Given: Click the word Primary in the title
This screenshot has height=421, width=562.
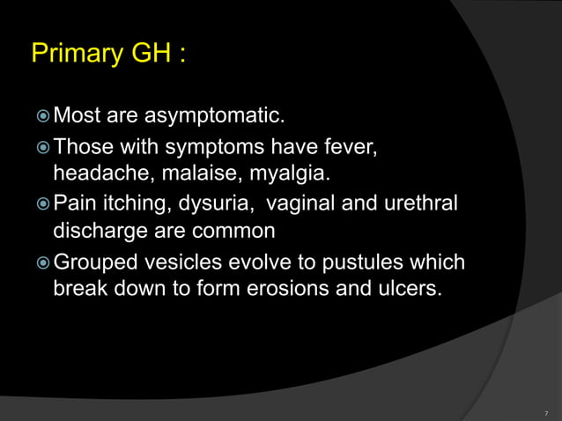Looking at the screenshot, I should tap(74, 54).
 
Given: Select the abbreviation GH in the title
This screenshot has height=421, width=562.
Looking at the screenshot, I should tap(149, 54).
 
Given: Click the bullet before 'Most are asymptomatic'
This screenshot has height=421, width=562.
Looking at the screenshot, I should tap(42, 115).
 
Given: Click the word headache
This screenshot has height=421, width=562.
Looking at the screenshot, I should tap(97, 169).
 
